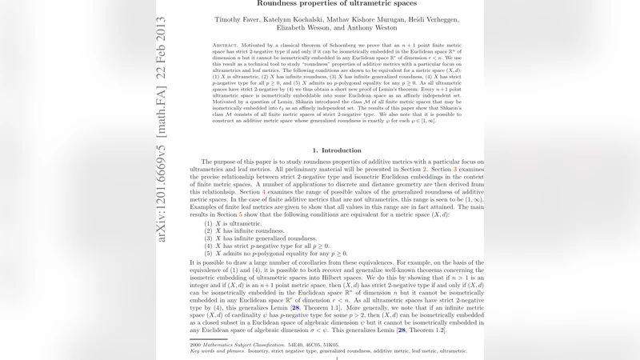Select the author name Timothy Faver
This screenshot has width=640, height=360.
(x=238, y=18)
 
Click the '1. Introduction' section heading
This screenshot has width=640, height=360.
(x=336, y=150)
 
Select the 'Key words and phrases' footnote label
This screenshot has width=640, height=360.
(x=215, y=350)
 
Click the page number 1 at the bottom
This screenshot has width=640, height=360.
(x=337, y=358)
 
